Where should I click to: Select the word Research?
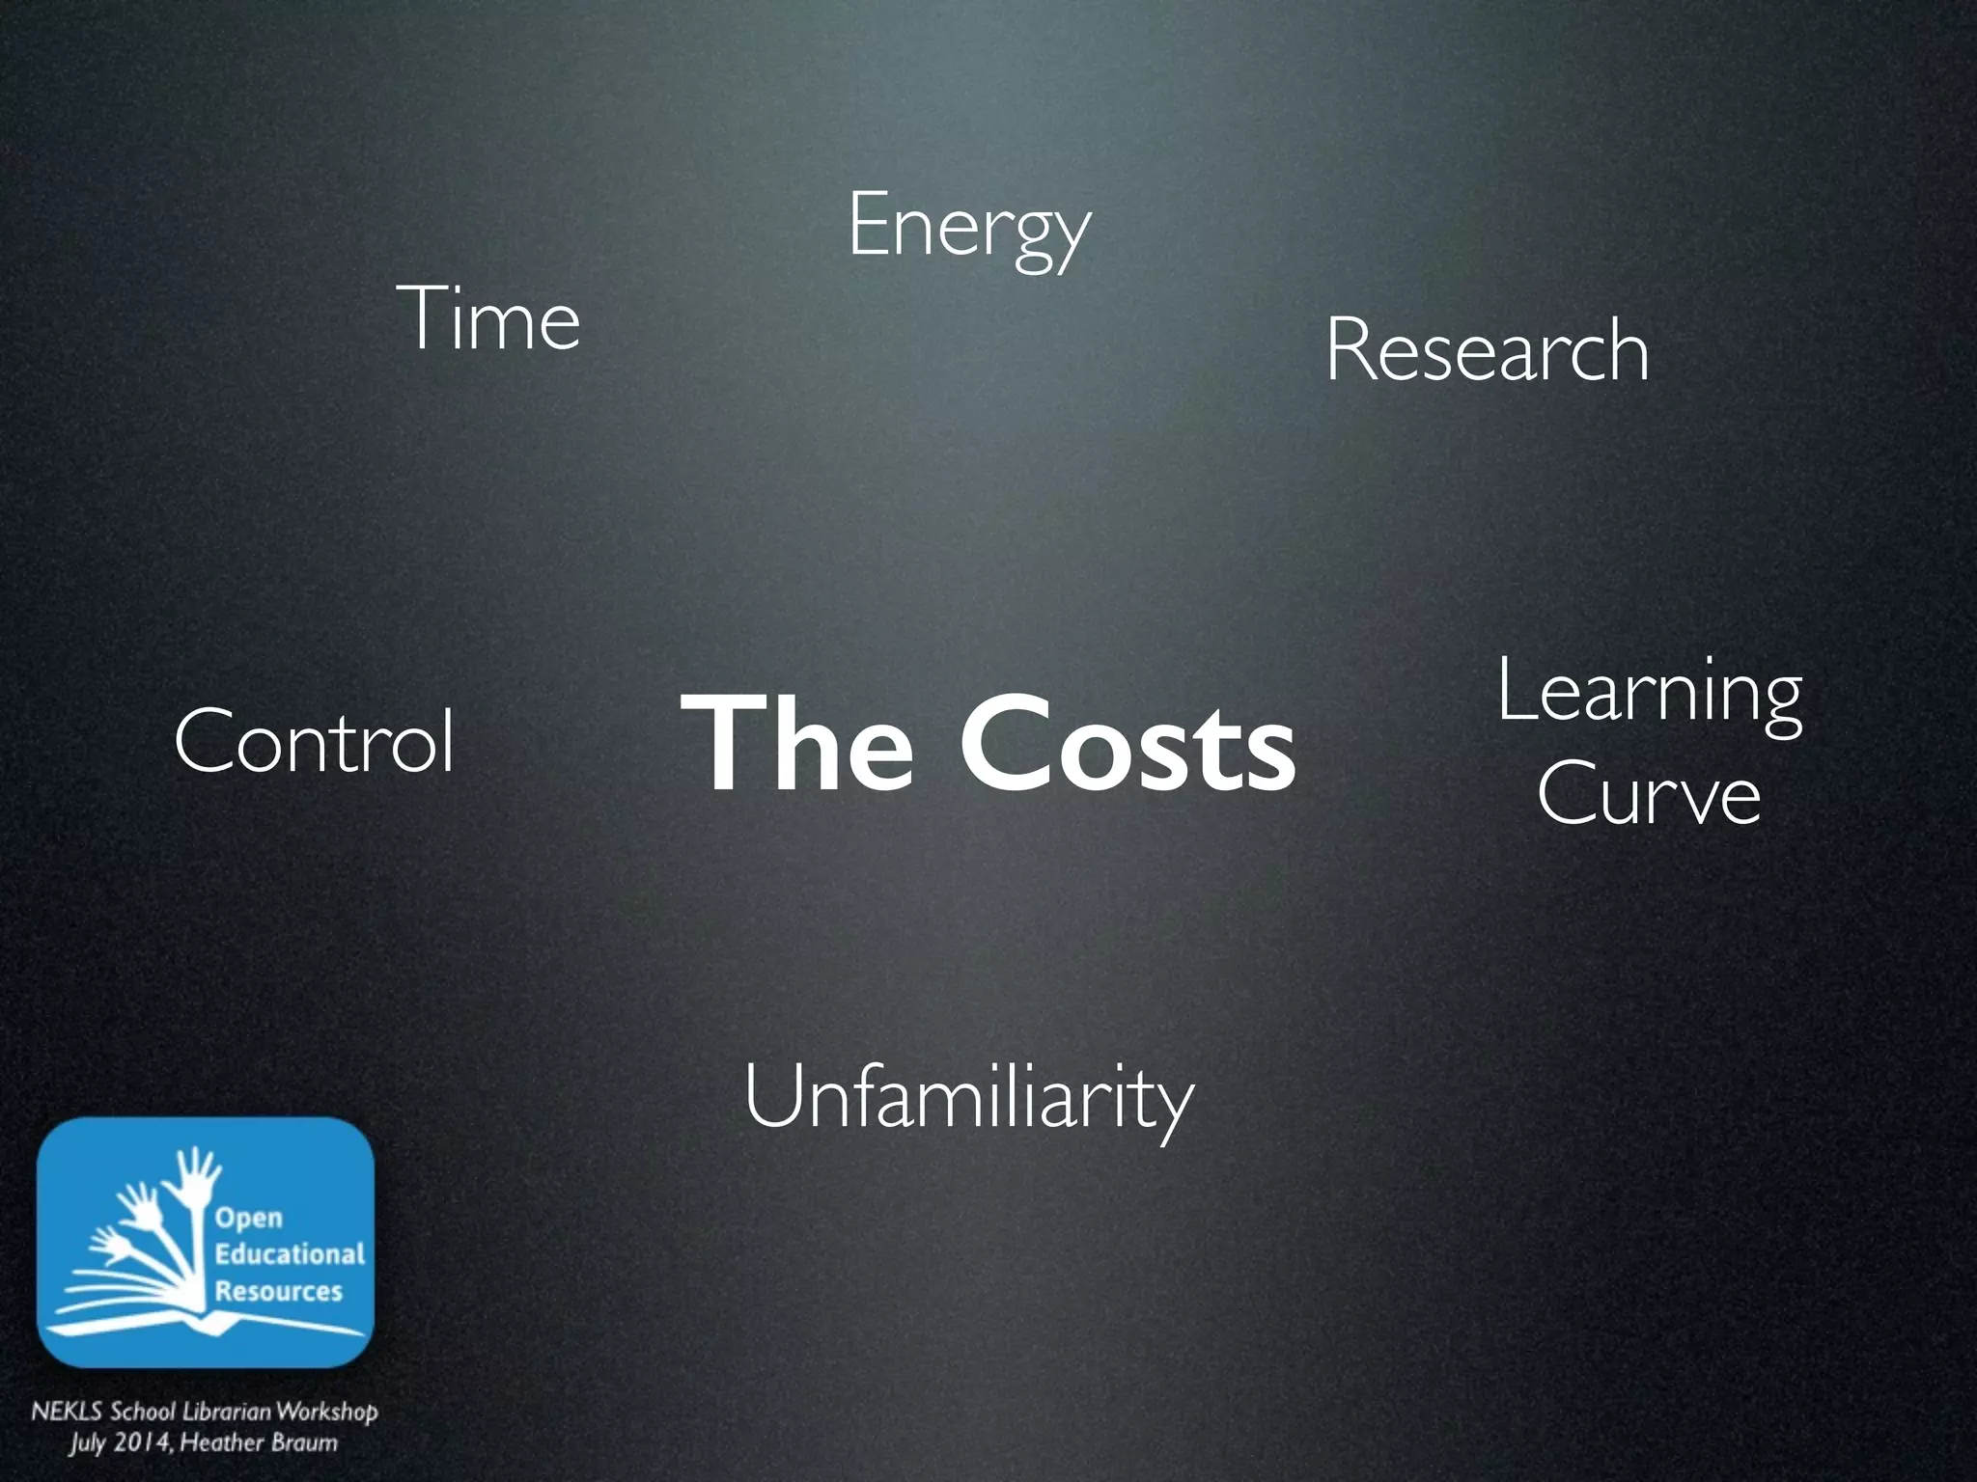pos(1487,350)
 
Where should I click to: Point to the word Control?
pos(314,740)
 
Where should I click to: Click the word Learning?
pos(1650,692)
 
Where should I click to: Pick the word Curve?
pos(1649,794)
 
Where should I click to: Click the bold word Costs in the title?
pos(1127,745)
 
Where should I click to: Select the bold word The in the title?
pos(797,745)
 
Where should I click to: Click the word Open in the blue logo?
pos(249,1219)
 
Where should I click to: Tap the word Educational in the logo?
pos(290,1254)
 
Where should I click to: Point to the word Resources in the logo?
pos(279,1291)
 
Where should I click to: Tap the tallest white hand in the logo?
pos(199,1182)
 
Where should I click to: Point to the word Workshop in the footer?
pos(327,1412)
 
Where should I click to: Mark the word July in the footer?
pos(86,1443)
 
